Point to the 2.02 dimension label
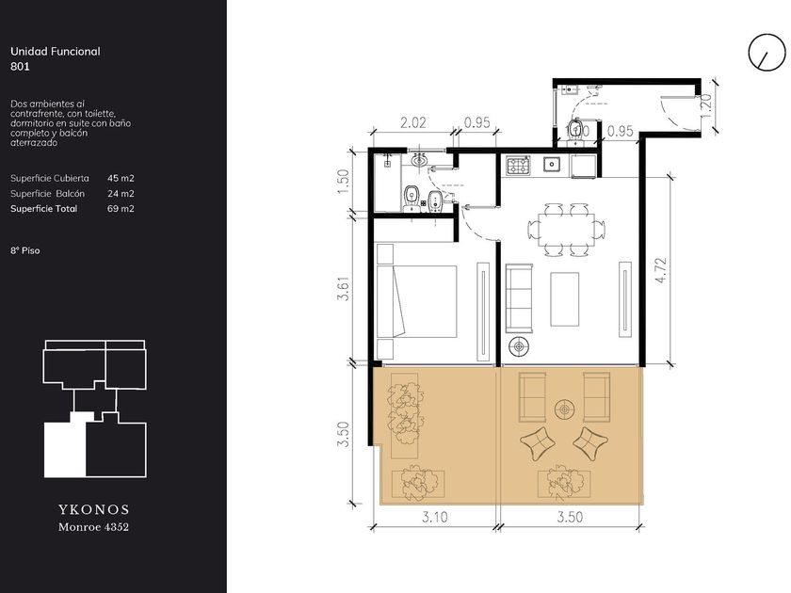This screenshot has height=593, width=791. click(x=412, y=122)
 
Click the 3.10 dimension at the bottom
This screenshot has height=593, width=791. click(x=434, y=518)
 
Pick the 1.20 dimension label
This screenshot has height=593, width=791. click(x=705, y=105)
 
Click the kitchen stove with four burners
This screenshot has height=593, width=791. click(x=518, y=165)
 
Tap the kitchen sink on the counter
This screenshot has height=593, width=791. click(x=552, y=164)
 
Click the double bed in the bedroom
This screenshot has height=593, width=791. click(x=416, y=301)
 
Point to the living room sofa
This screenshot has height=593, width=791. click(x=519, y=298)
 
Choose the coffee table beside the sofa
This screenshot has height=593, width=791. click(x=564, y=299)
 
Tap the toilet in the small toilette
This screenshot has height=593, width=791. click(x=574, y=130)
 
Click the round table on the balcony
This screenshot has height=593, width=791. click(x=564, y=409)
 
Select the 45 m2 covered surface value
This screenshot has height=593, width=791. click(x=121, y=178)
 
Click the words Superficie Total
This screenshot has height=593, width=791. click(x=44, y=209)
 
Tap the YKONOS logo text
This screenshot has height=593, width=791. click(x=94, y=509)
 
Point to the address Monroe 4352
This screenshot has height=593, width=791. click(x=94, y=527)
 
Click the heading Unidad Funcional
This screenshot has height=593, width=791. click(x=55, y=52)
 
